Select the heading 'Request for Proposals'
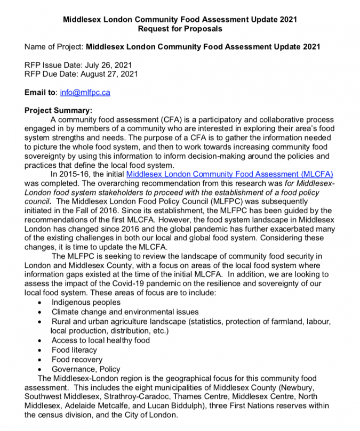[180, 28]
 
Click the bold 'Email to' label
[41, 92]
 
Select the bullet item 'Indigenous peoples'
[86, 302]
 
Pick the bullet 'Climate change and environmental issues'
[125, 312]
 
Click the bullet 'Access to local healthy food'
[101, 340]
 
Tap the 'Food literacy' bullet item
[74, 350]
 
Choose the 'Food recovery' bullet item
[76, 360]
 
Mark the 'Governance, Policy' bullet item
[86, 369]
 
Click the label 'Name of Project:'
[54, 46]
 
